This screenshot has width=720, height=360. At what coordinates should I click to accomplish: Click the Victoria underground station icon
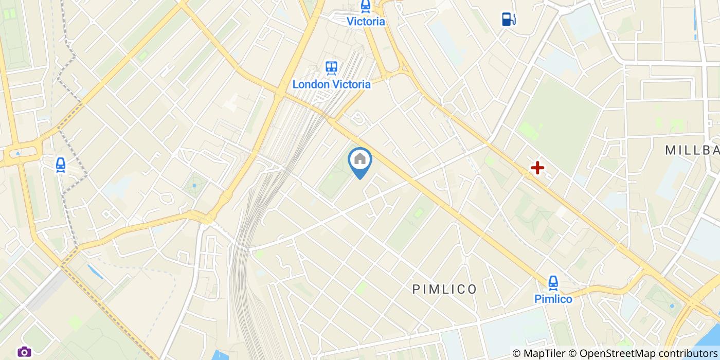tap(366, 6)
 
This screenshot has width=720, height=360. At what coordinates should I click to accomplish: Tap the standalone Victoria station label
tap(366, 22)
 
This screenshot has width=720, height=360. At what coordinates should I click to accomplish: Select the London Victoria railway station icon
tap(331, 68)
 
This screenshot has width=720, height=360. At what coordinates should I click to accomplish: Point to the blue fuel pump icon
tap(509, 20)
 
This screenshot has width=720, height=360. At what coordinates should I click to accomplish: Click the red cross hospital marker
tap(537, 168)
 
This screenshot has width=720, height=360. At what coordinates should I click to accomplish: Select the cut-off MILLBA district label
tap(692, 150)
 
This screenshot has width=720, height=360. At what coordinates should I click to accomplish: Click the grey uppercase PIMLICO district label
tap(445, 290)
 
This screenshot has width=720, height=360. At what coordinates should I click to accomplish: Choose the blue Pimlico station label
tap(553, 299)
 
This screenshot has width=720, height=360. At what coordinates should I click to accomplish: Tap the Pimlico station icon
tap(553, 282)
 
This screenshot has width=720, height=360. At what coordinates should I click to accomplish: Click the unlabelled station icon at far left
tap(61, 165)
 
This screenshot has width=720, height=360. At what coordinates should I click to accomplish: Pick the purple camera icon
tap(24, 352)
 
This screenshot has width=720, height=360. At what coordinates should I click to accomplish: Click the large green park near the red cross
tap(561, 123)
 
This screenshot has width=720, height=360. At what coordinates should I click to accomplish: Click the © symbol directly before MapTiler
tap(517, 353)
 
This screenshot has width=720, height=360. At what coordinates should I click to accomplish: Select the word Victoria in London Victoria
tap(351, 84)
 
